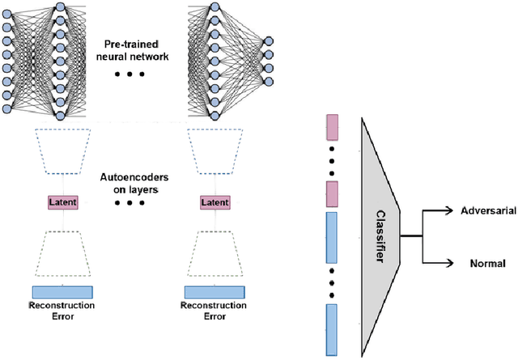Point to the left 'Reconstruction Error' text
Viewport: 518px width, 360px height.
pyautogui.click(x=62, y=311)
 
